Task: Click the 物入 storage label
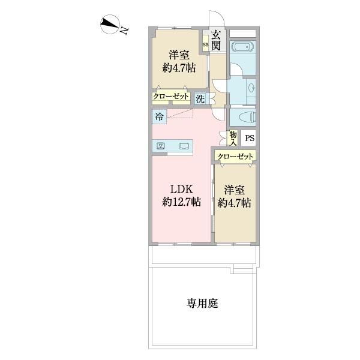pyautogui.click(x=233, y=138)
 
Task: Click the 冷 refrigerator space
pyautogui.click(x=159, y=116)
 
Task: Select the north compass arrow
pyautogui.click(x=109, y=25)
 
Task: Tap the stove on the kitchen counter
pyautogui.click(x=161, y=146)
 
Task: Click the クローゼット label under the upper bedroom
pyautogui.click(x=170, y=96)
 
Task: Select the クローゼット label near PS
pyautogui.click(x=235, y=156)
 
